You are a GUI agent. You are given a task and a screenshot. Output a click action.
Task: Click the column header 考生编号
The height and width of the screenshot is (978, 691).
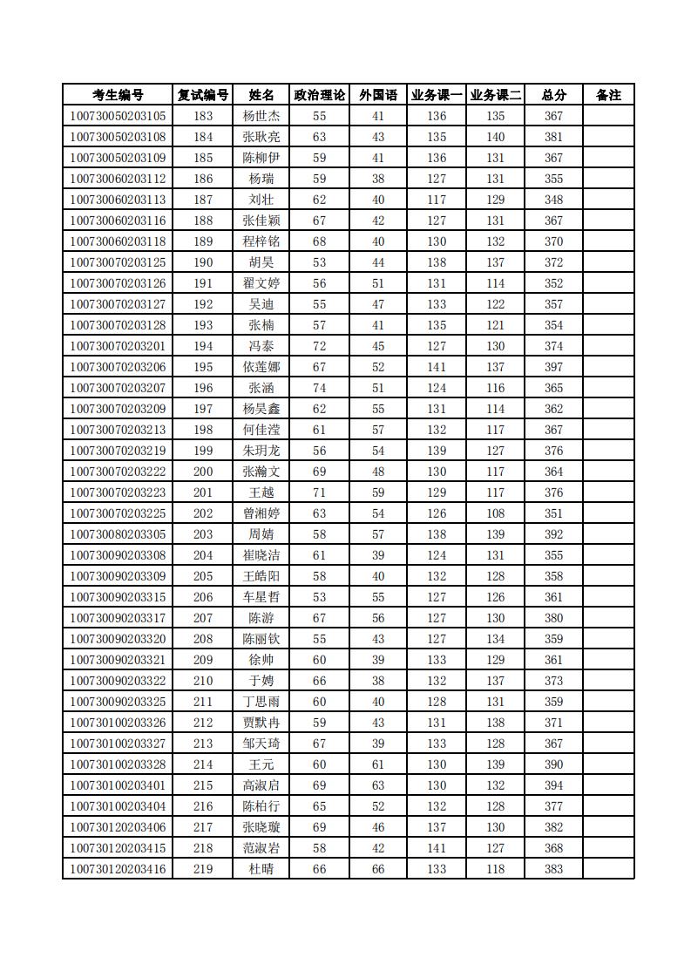(x=118, y=95)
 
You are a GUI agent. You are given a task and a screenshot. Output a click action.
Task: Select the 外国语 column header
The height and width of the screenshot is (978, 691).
(x=378, y=95)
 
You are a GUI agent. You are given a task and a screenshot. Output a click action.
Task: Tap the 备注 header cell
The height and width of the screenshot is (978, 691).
(x=608, y=95)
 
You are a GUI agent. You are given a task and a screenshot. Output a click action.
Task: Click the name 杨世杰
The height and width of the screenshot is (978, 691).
(x=261, y=116)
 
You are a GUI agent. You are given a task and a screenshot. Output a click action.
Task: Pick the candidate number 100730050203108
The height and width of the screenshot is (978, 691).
(x=118, y=137)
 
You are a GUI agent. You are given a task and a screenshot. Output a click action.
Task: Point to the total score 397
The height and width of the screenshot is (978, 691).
(x=553, y=367)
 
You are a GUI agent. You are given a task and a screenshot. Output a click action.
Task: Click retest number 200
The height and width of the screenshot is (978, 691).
(x=203, y=472)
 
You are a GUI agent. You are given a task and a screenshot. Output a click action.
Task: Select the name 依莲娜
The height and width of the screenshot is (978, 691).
(x=261, y=367)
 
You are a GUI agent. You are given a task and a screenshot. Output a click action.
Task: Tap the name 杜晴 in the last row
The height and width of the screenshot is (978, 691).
(x=261, y=869)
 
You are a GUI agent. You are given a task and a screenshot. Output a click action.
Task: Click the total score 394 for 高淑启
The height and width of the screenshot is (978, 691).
(x=553, y=785)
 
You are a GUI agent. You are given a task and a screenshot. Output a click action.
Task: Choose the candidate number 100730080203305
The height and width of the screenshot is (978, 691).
(x=118, y=534)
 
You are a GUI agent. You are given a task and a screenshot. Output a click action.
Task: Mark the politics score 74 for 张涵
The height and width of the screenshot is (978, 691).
(x=320, y=388)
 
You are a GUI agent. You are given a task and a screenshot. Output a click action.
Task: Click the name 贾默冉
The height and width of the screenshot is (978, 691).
(x=261, y=723)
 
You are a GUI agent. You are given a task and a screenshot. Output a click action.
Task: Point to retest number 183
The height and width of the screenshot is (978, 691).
(x=203, y=116)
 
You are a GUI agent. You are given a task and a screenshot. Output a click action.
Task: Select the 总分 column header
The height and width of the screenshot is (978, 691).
(x=553, y=95)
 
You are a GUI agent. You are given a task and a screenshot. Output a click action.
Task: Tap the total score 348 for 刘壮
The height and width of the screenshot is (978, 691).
(x=553, y=200)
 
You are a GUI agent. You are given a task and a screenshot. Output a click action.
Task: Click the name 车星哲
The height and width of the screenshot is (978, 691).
(x=261, y=597)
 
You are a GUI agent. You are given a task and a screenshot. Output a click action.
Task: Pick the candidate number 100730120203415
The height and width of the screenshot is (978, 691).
(x=118, y=848)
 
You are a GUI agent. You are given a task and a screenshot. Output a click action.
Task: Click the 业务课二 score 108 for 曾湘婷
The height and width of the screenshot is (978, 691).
(x=496, y=513)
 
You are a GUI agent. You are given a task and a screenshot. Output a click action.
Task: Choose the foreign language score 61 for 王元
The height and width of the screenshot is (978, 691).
(x=378, y=764)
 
